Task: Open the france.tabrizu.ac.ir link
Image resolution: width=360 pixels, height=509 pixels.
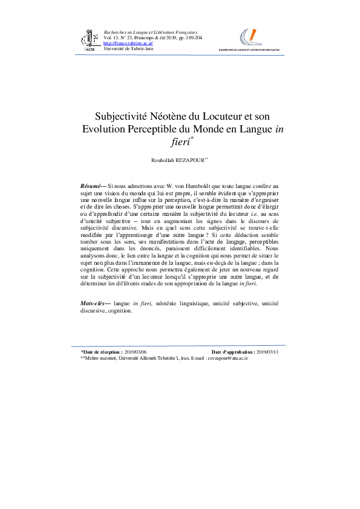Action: coord(128,44)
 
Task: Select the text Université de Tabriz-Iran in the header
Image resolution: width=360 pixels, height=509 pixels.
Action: coord(128,48)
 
